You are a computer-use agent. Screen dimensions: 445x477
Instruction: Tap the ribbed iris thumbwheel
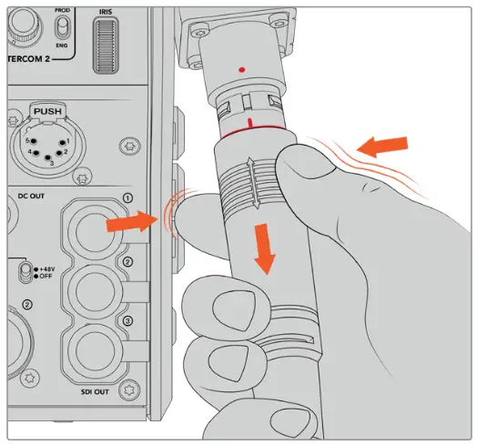(x=108, y=46)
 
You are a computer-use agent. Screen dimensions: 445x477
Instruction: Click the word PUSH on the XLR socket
(x=52, y=111)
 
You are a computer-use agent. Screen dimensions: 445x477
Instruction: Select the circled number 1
(x=128, y=197)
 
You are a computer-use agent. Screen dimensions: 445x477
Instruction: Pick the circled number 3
(x=128, y=320)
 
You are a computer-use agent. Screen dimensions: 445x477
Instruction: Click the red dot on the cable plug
(x=238, y=68)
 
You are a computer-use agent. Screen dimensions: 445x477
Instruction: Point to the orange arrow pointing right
(x=128, y=221)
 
